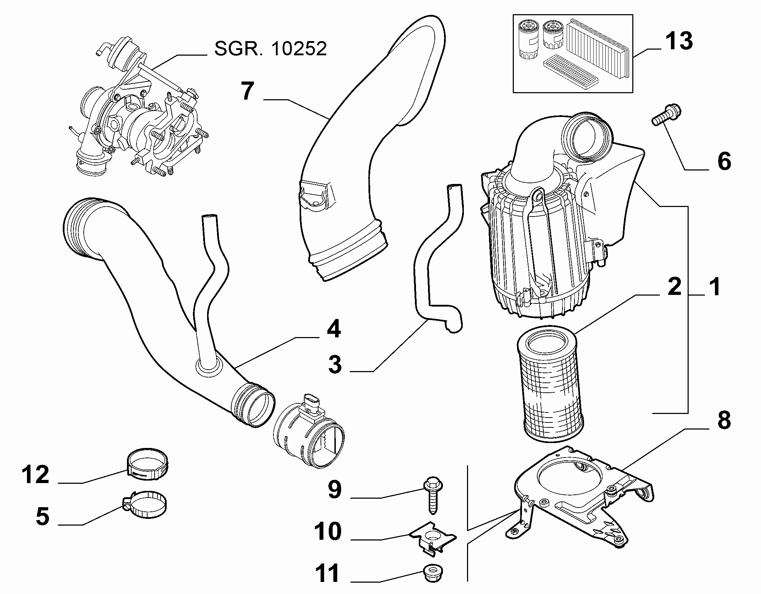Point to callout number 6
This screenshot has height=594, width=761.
(724, 161)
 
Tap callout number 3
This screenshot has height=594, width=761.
(335, 364)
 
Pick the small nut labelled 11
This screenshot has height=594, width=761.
(434, 575)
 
